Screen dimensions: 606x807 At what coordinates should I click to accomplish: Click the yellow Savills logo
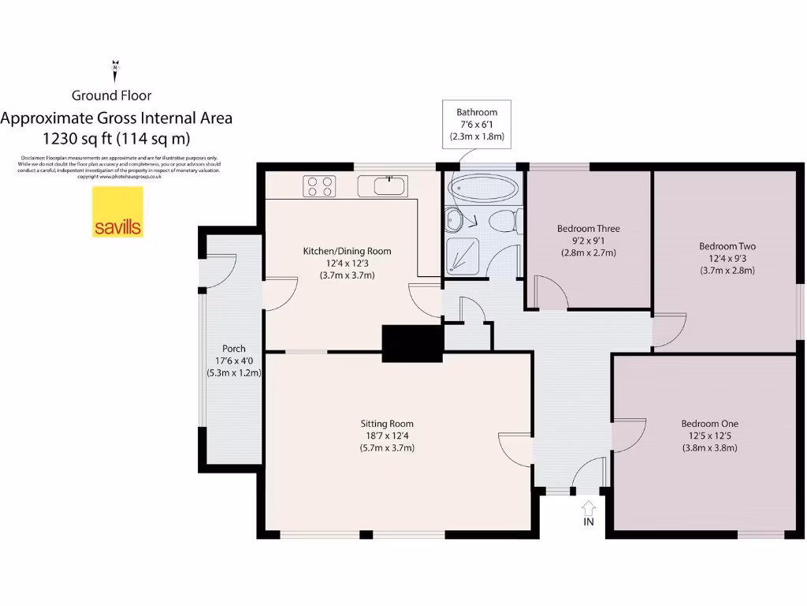tap(118, 212)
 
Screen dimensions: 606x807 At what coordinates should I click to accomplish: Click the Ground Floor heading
tap(112, 95)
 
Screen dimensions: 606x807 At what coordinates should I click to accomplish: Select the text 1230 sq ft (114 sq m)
tap(117, 139)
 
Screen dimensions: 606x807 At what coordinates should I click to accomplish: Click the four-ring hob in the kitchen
tap(319, 186)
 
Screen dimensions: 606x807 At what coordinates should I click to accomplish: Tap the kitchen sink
tap(383, 186)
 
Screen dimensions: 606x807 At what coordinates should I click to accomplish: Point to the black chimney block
tap(411, 344)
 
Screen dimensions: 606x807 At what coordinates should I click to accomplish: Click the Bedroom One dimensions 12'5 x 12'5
tap(709, 436)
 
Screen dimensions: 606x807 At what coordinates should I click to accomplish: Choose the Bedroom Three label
tap(588, 229)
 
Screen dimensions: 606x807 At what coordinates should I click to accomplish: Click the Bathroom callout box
tap(477, 124)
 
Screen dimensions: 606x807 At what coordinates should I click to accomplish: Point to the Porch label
tap(233, 348)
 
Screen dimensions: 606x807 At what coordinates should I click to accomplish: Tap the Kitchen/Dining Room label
tap(347, 251)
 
